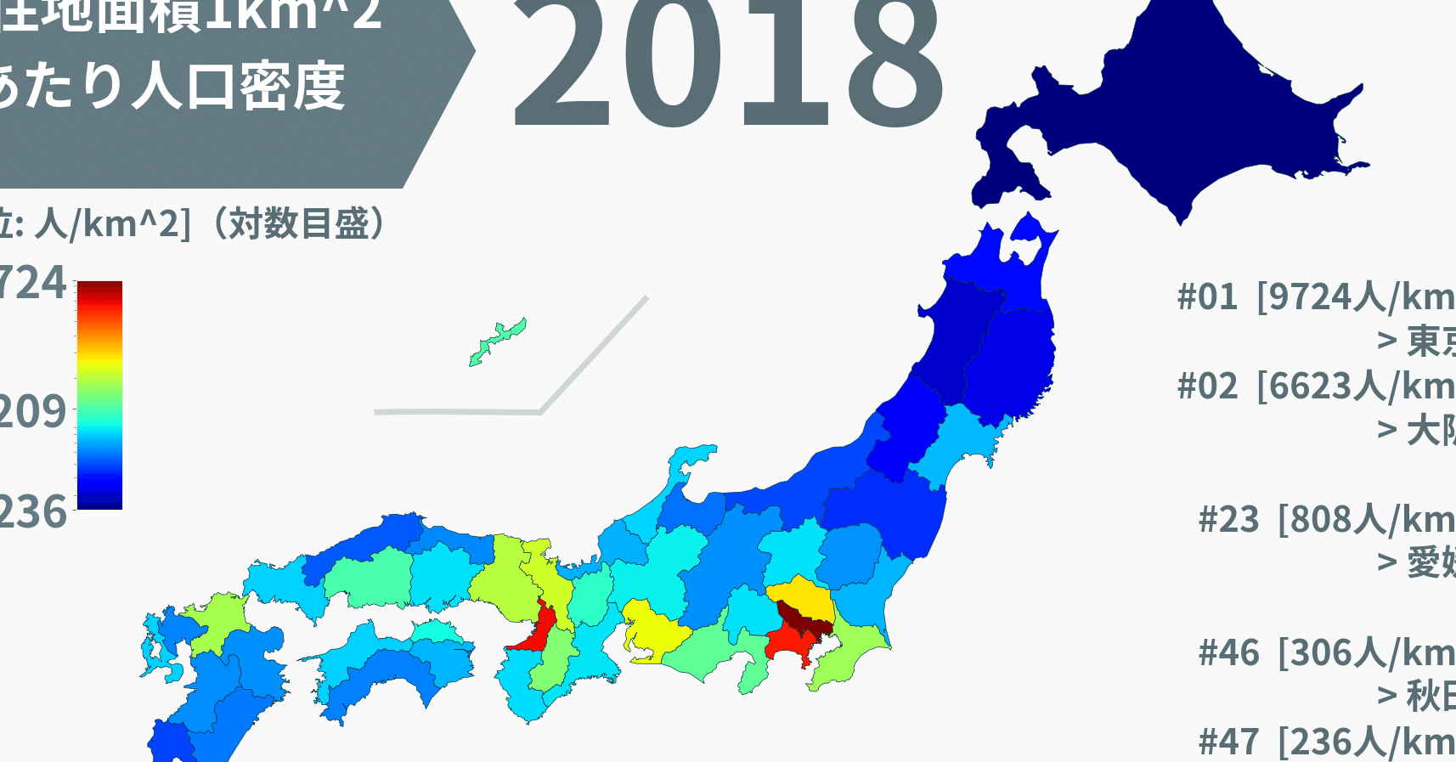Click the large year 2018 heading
[729, 64]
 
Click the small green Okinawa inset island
[497, 341]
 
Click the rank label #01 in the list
[1207, 297]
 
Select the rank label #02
[1207, 387]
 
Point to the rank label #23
[1228, 519]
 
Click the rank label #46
[1228, 653]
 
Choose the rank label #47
[1228, 742]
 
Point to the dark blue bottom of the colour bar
[99, 502]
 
